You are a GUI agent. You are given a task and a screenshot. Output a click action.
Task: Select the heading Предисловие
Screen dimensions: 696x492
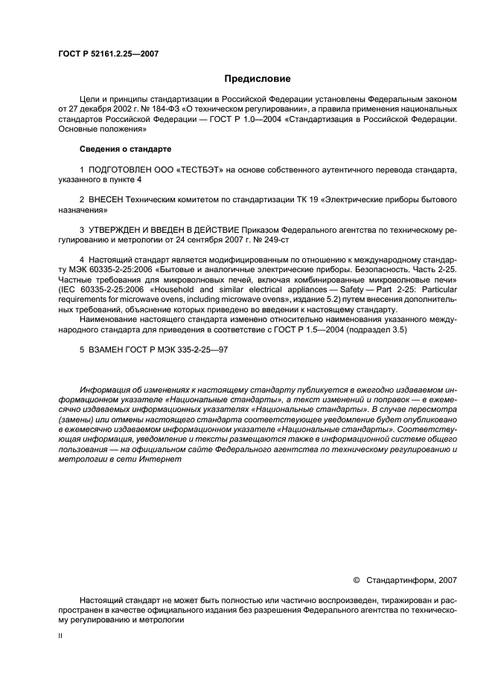point(258,79)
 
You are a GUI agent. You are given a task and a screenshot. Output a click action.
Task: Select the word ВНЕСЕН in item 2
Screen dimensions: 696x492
point(106,201)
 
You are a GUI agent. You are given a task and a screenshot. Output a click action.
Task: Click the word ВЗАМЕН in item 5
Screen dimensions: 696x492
point(106,349)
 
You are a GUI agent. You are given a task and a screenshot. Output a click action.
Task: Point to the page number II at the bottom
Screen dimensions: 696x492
point(61,637)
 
